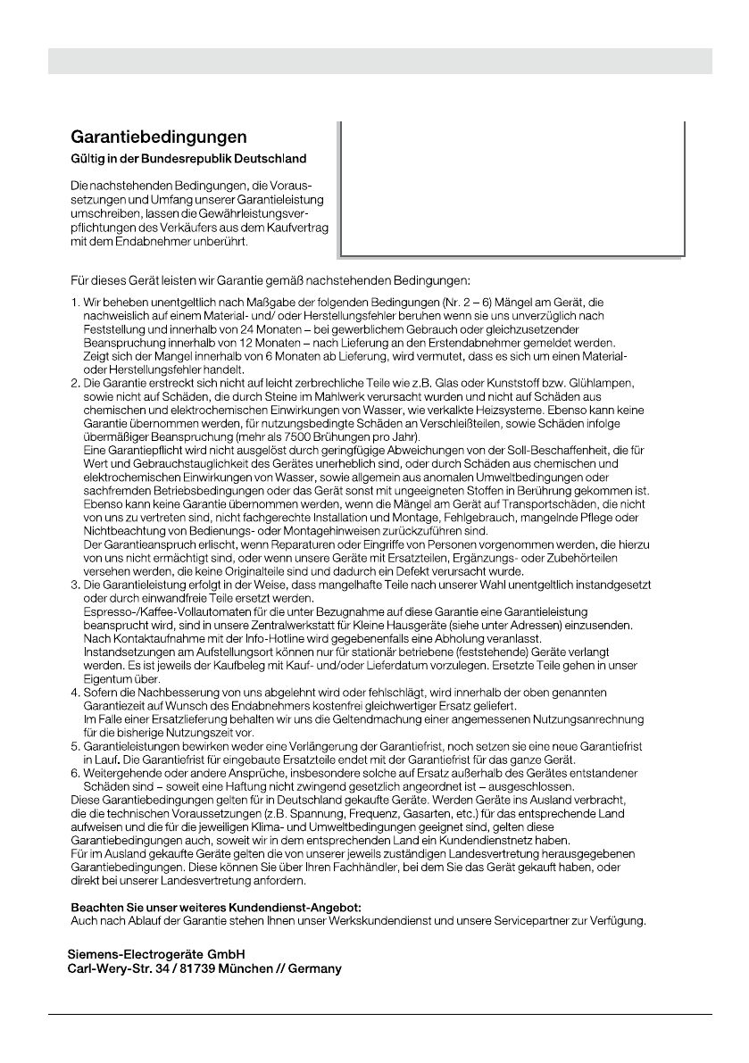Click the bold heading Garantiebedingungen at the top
(158, 138)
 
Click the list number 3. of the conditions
(76, 584)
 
